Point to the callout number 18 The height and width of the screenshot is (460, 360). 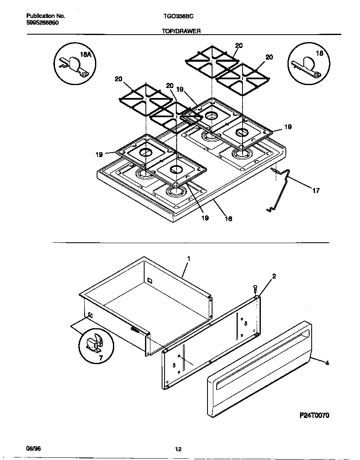[x=320, y=53]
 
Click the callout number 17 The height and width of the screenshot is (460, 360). [x=316, y=191]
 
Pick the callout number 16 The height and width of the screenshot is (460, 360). [x=228, y=219]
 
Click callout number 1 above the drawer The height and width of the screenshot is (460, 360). [x=188, y=259]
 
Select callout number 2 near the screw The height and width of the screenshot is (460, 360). [x=274, y=276]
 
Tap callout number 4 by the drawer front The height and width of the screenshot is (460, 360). [x=327, y=363]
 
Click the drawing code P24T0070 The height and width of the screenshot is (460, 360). [x=315, y=416]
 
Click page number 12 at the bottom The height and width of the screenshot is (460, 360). [x=178, y=449]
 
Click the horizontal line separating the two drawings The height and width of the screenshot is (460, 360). [x=190, y=242]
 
